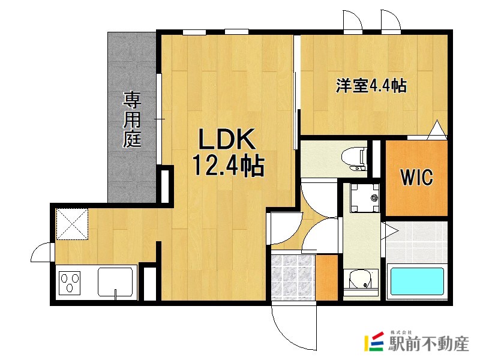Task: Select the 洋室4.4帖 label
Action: (x=371, y=86)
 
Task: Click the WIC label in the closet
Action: (x=416, y=178)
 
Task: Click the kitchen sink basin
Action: (x=116, y=281)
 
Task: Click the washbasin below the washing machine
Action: (x=360, y=281)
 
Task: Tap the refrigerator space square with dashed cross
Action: (x=71, y=223)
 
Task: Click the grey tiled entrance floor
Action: (x=292, y=277)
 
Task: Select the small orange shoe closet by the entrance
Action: (x=327, y=277)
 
